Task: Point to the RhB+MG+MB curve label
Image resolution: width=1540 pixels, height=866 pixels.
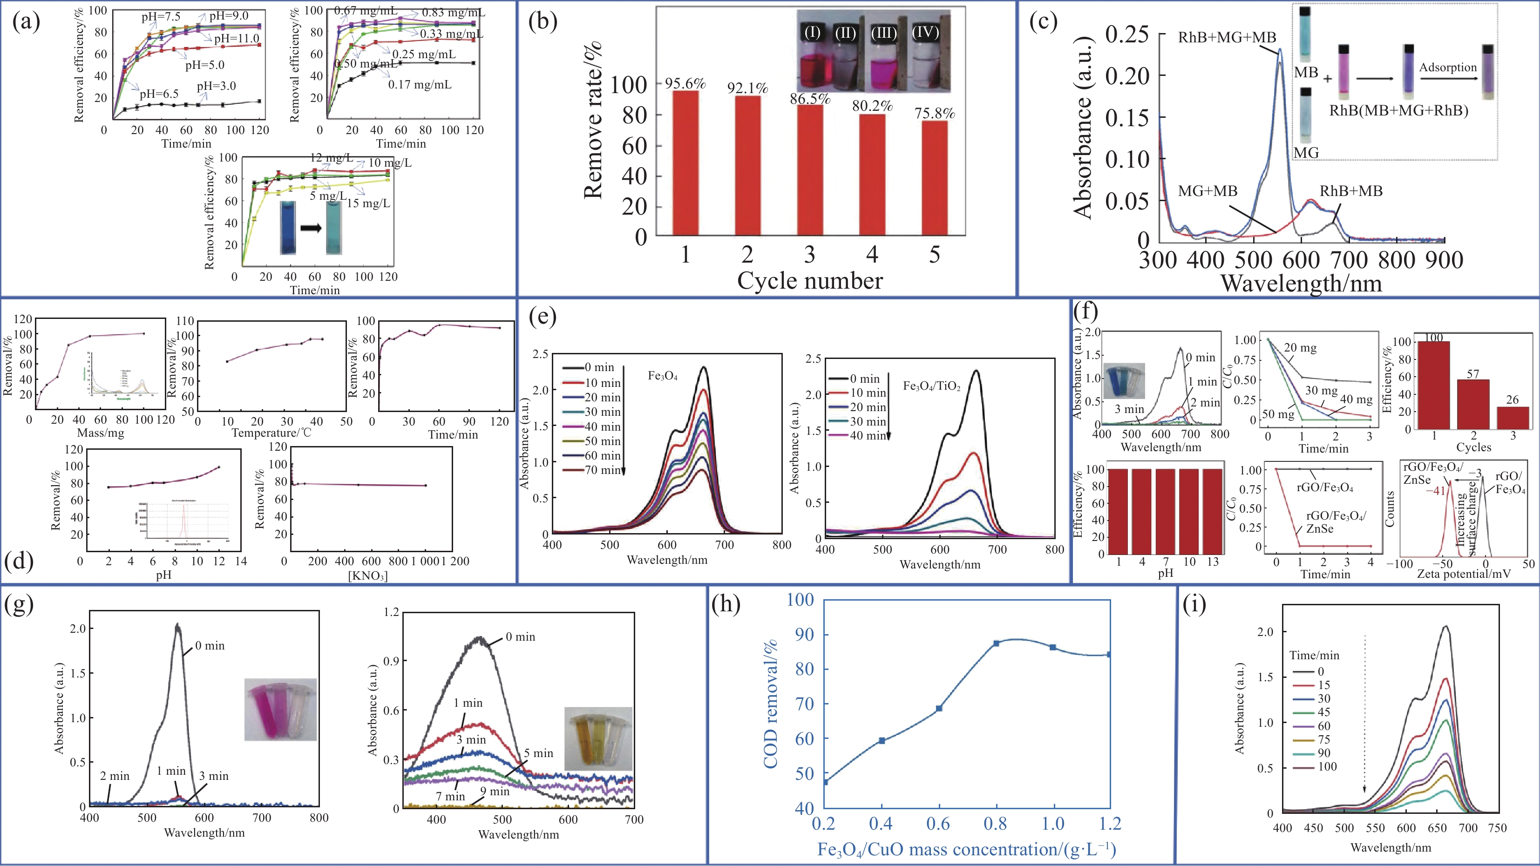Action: (x=1227, y=38)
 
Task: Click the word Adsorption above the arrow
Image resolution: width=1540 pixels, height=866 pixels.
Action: (x=1447, y=68)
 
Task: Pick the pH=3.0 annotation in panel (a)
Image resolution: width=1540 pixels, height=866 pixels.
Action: (x=217, y=86)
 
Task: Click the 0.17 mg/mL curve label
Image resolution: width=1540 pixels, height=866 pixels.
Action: (x=420, y=84)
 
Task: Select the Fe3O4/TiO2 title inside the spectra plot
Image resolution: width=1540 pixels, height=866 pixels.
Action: (x=931, y=386)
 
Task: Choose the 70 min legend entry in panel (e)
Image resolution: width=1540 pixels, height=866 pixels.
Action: (x=603, y=470)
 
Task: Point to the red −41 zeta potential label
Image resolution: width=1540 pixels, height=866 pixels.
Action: (x=1435, y=491)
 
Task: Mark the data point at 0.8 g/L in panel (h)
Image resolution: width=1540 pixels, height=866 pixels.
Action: (x=996, y=643)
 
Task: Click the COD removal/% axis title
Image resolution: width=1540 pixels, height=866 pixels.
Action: (x=771, y=704)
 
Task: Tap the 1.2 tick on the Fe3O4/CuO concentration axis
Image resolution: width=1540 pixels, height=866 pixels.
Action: (x=1110, y=824)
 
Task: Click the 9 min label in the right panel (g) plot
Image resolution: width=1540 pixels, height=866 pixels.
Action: (x=495, y=792)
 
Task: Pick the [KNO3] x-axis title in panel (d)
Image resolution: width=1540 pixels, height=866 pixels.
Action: (x=368, y=576)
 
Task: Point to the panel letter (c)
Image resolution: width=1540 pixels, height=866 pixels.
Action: (x=1043, y=21)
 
